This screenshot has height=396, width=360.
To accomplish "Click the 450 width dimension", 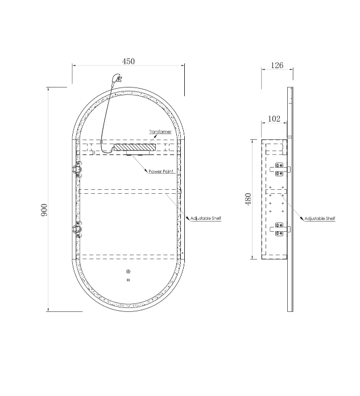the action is coord(129,61).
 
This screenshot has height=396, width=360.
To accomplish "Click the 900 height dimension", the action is coord(44,210).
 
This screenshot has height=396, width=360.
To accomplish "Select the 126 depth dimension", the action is coord(277,65).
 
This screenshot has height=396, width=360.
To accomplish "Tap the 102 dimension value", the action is coord(274,119).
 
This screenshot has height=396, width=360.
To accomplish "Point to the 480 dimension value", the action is coord(249,199).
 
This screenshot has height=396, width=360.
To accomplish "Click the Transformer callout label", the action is coord(160,132).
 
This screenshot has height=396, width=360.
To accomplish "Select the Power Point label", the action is coord(162,172).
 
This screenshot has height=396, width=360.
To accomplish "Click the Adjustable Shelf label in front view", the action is coord(206,218).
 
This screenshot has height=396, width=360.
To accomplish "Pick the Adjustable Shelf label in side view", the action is coord(320,219).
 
